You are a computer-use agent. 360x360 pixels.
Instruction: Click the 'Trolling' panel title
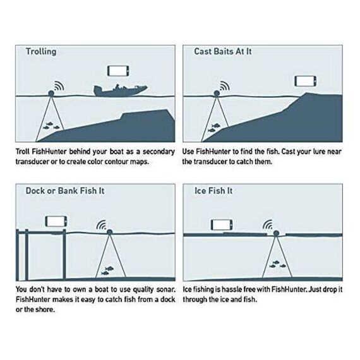41,52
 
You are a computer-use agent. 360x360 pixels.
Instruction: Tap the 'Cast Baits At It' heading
223,51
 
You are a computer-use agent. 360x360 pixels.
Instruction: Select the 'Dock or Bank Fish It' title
65,191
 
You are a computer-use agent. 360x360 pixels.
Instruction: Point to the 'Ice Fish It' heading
213,191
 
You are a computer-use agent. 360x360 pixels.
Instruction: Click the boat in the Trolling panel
120,91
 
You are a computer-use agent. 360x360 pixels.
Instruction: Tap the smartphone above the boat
118,71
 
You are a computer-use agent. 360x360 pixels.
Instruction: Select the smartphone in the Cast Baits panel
305,81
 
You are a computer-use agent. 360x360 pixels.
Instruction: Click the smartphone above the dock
56,221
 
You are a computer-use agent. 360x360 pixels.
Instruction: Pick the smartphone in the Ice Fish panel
222,225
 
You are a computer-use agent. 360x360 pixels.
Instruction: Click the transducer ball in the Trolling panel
51,93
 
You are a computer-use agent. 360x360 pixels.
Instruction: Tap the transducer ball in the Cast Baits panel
217,93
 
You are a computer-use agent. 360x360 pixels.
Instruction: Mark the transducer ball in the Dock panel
109,232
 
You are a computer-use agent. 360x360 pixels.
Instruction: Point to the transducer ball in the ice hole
276,234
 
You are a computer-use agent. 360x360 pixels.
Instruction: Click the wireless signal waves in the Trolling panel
59,86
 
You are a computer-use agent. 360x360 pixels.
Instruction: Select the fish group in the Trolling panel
51,126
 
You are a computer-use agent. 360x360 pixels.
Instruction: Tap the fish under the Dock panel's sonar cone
107,270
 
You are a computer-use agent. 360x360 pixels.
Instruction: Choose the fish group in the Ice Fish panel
277,264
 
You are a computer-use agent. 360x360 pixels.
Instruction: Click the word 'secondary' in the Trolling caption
159,152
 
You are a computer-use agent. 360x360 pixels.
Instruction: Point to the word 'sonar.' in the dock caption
165,289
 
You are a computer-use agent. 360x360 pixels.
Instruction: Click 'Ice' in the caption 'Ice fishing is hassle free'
187,289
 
